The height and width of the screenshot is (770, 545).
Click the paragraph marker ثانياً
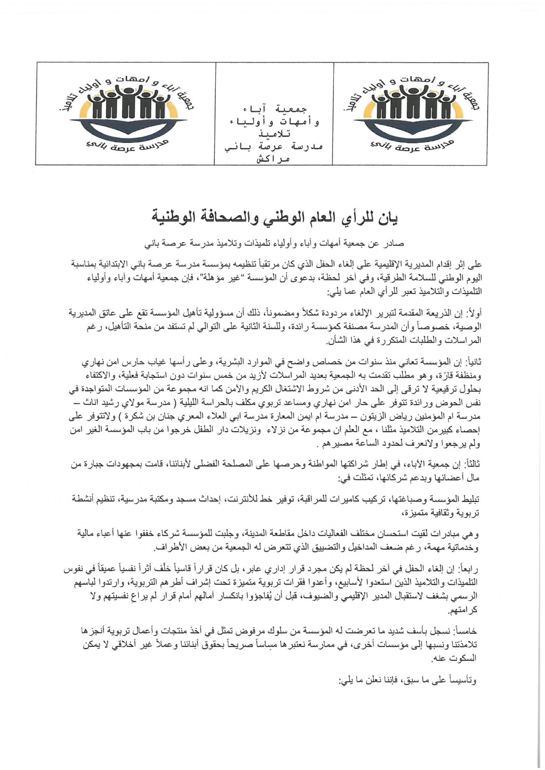472,361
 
